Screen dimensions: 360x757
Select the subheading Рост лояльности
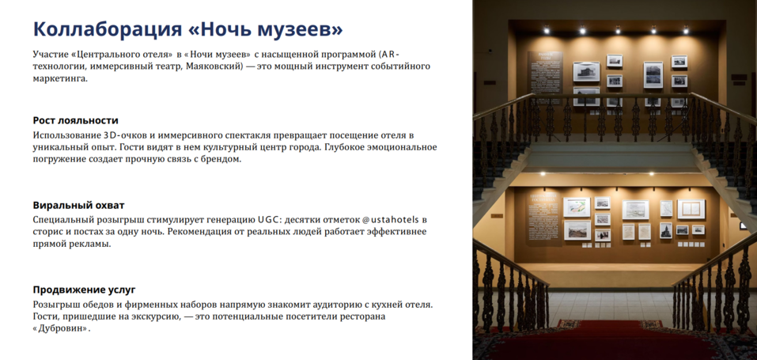coord(75,120)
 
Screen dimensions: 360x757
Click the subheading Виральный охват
coord(78,205)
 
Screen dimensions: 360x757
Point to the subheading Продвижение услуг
coord(84,290)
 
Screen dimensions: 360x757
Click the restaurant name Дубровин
coord(62,328)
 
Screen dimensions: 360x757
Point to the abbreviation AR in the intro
coord(388,54)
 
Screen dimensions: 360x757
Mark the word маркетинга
coord(60,79)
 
